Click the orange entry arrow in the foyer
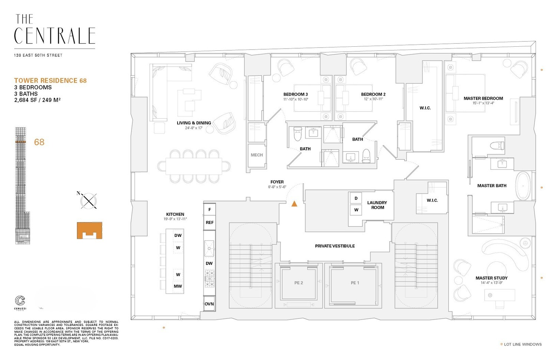point(294,204)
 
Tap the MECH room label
point(257,155)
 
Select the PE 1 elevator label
point(355,283)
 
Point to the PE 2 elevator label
point(298,283)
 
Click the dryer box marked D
point(356,198)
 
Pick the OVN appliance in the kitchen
point(209,304)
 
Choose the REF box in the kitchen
point(209,222)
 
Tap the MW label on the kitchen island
point(178,286)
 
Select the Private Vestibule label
point(335,246)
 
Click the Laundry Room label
point(377,205)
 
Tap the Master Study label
point(492,278)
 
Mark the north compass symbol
point(89,201)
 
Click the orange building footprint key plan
point(89,231)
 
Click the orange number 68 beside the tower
point(39,142)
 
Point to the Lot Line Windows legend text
point(523,344)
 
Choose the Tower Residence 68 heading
point(50,80)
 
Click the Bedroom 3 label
point(295,94)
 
